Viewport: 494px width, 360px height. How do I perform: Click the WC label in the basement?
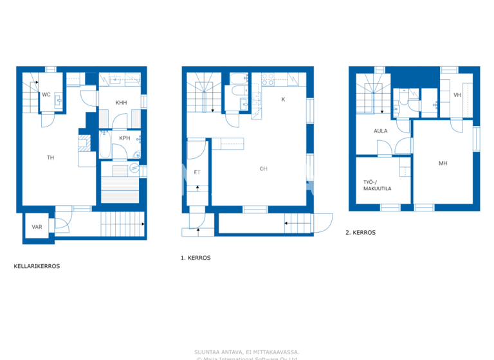point(46,94)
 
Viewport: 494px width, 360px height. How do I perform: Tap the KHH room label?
point(122,103)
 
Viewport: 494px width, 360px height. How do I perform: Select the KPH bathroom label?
point(125,138)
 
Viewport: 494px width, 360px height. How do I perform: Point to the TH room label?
point(50,157)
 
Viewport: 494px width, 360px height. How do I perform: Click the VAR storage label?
point(37,227)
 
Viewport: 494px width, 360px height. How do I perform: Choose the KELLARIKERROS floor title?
point(37,265)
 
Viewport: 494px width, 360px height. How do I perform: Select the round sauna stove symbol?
point(134,168)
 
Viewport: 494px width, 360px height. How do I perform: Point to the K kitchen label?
point(282,99)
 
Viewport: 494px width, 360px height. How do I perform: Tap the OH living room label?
point(263,169)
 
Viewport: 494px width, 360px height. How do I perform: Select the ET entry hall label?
point(196,172)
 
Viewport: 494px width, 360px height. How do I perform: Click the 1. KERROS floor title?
point(196,257)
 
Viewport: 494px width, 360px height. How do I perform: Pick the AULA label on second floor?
point(380,130)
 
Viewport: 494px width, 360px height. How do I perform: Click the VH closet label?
point(457,95)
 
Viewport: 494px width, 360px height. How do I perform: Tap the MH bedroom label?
point(443,163)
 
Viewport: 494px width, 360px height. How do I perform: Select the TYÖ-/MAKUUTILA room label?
point(377,184)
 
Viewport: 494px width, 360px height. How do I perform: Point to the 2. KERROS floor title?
point(361,233)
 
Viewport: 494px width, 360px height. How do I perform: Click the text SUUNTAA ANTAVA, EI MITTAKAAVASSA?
point(246,352)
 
